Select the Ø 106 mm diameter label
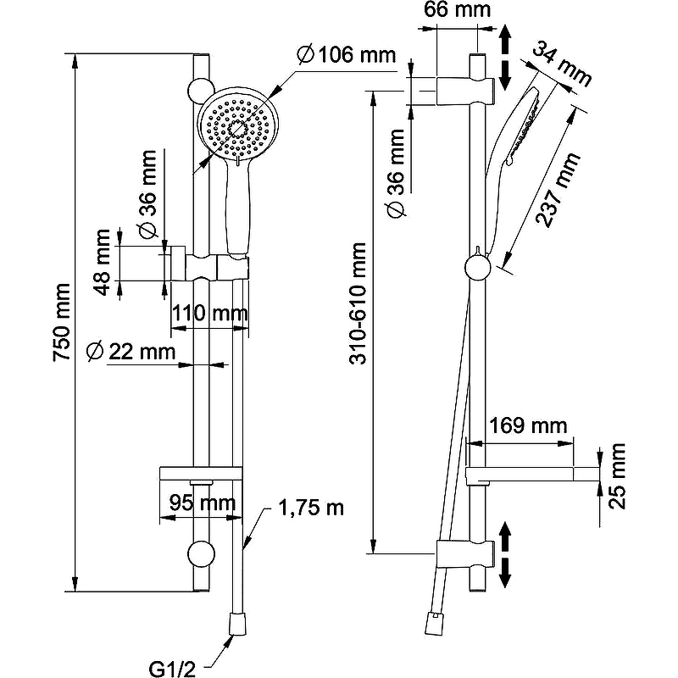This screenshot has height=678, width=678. click(347, 56)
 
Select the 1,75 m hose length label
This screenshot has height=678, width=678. click(312, 508)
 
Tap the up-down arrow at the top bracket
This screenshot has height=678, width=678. click(505, 57)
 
